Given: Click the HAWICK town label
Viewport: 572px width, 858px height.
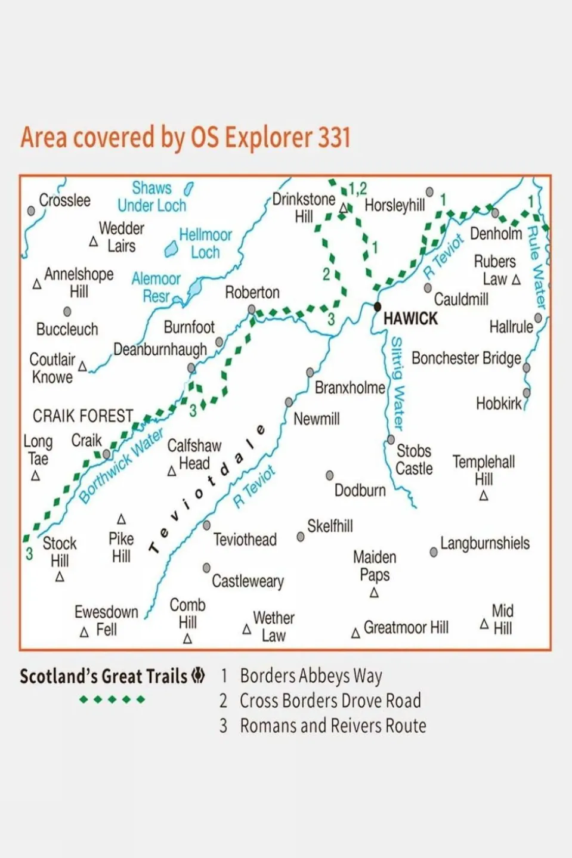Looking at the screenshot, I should pyautogui.click(x=410, y=319).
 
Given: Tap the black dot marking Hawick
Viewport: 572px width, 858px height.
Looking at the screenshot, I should pyautogui.click(x=377, y=307).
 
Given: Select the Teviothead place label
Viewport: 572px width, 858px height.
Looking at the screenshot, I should pyautogui.click(x=245, y=540).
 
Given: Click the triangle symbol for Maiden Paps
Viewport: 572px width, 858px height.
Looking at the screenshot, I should pyautogui.click(x=374, y=593).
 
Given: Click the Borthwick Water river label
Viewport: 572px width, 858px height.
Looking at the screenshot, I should pyautogui.click(x=121, y=466).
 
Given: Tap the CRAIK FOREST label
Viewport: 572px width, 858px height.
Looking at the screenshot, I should pyautogui.click(x=83, y=416).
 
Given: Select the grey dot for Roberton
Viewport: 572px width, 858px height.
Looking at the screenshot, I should pyautogui.click(x=252, y=309).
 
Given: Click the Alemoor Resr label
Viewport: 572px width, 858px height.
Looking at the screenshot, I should pyautogui.click(x=156, y=287).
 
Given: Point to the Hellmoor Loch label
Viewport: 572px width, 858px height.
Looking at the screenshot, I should pyautogui.click(x=205, y=243).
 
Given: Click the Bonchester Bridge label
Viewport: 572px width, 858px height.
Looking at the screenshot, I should pyautogui.click(x=466, y=358).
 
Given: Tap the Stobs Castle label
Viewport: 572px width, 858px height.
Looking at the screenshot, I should pyautogui.click(x=414, y=460).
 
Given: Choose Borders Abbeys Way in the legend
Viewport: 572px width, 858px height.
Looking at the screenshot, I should pyautogui.click(x=311, y=676).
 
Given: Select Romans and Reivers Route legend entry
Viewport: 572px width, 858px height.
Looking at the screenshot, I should pyautogui.click(x=333, y=726).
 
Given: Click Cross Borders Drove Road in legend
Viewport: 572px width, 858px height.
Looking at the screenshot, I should pyautogui.click(x=330, y=701).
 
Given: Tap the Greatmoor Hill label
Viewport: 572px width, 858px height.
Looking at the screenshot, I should pyautogui.click(x=406, y=627).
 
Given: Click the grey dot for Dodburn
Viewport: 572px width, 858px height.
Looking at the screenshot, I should pyautogui.click(x=329, y=475).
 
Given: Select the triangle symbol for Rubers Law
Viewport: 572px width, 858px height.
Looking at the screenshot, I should pyautogui.click(x=517, y=280).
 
